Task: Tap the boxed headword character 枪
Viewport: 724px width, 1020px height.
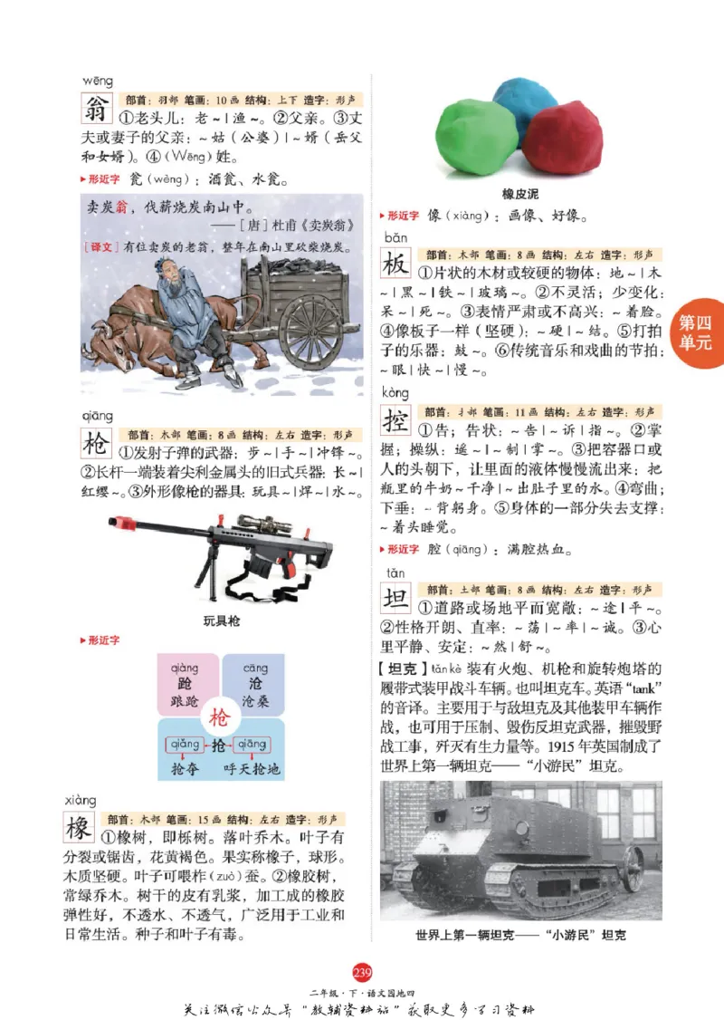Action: [96, 444]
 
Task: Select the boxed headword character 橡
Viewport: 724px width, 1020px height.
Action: [80, 828]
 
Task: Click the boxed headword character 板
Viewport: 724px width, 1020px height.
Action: [395, 265]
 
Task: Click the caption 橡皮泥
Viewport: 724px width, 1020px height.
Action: [520, 194]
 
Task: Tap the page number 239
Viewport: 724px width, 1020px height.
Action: [362, 973]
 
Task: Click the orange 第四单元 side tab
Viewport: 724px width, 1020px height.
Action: [697, 332]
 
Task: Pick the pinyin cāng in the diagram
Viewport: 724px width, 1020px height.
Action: [255, 669]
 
